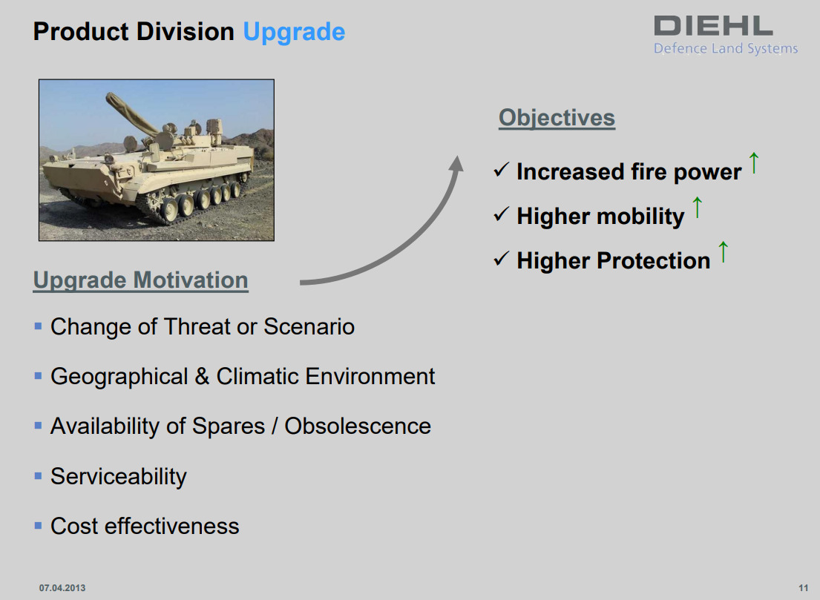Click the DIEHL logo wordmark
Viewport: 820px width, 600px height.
713,26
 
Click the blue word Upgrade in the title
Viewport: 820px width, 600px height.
294,33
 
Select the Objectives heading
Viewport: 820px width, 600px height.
557,118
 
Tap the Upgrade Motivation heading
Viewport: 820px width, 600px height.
141,280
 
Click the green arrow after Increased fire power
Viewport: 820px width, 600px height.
754,162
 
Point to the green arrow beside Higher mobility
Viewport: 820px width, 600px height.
697,207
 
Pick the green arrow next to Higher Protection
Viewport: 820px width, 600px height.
724,251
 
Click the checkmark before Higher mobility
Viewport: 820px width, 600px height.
501,214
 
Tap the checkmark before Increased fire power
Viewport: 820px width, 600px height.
501,169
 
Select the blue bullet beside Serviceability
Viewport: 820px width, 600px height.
38,476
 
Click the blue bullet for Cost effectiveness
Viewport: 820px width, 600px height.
38,526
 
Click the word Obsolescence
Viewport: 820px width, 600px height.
358,426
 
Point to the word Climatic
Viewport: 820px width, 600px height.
258,376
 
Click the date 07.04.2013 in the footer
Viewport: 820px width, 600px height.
62,588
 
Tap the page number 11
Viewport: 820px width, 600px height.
803,588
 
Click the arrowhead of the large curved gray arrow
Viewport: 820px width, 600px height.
456,163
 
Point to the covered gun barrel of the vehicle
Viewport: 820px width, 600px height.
131,113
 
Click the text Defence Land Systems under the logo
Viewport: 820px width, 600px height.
726,49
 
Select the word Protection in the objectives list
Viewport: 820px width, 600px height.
654,260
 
